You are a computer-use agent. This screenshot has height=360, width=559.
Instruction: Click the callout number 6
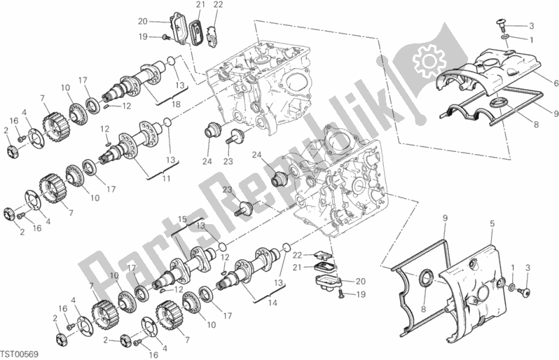point(555,83)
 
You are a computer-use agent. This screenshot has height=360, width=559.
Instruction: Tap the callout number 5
point(492,224)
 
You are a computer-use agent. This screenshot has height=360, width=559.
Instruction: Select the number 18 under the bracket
point(176,104)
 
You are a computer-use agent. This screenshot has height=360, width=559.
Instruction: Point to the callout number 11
point(166,179)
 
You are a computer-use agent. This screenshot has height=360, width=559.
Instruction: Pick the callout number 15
point(182,219)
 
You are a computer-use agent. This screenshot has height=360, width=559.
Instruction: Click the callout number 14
point(272,303)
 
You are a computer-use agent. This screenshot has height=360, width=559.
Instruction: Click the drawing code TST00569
point(19,354)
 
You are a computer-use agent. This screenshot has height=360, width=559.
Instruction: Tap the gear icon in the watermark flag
point(429,62)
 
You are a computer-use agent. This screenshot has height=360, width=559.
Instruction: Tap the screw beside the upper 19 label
point(166,36)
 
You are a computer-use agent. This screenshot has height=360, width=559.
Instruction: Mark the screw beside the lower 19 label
point(341,293)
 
